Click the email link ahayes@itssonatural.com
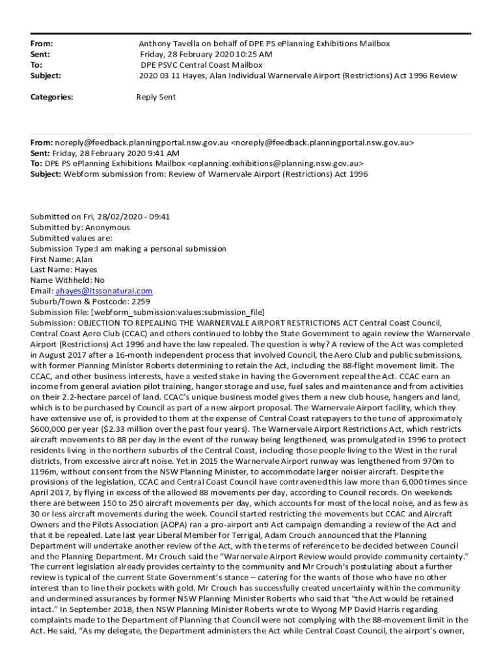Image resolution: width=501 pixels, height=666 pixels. tap(103, 291)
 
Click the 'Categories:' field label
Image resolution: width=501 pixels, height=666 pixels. tap(51, 97)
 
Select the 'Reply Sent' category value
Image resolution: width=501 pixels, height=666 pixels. tap(156, 97)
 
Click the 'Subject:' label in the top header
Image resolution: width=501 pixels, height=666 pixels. tap(46, 75)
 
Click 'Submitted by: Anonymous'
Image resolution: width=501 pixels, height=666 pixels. tap(80, 228)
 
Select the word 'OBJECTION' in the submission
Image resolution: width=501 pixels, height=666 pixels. tap(100, 323)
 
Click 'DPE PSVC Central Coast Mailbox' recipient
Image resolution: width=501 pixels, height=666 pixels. tap(202, 65)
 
